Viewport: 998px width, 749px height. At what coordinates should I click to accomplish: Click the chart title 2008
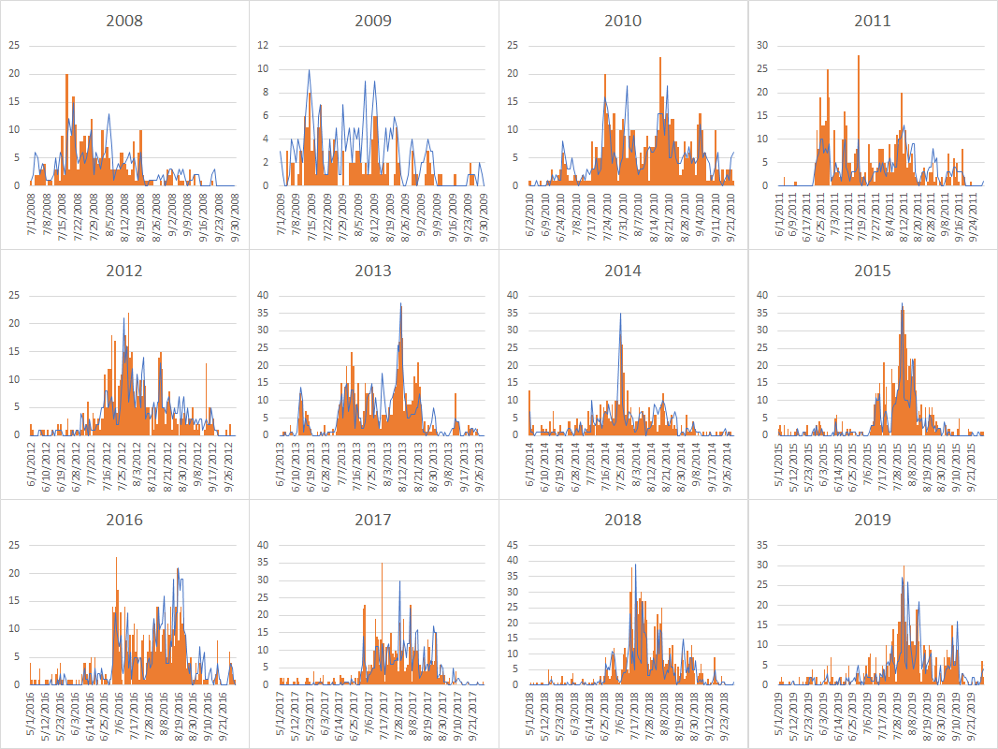point(124,21)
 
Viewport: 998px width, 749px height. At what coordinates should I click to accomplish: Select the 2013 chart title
point(373,271)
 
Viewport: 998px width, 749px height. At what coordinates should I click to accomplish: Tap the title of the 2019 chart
point(872,520)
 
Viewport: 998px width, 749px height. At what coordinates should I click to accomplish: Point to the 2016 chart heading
point(124,520)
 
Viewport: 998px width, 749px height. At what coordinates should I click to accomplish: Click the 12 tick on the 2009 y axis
point(264,45)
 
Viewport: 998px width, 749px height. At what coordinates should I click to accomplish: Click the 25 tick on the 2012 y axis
point(14,295)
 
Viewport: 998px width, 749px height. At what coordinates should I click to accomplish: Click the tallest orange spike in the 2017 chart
point(382,564)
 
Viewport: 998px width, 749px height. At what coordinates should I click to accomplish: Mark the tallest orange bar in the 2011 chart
point(859,56)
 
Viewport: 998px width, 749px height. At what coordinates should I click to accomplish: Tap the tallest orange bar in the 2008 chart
point(66,75)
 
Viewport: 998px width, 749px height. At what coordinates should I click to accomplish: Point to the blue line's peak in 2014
point(620,314)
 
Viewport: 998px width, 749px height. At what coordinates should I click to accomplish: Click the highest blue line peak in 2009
point(309,70)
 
